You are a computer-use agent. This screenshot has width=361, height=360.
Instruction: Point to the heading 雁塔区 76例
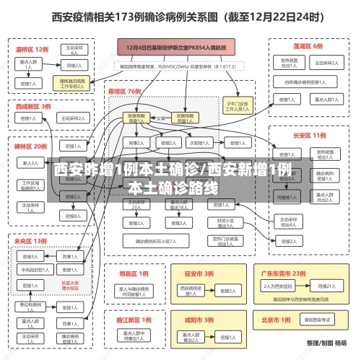125,92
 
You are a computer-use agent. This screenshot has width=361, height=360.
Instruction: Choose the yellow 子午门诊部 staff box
237,106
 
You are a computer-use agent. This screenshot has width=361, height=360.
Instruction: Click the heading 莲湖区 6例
308,45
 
